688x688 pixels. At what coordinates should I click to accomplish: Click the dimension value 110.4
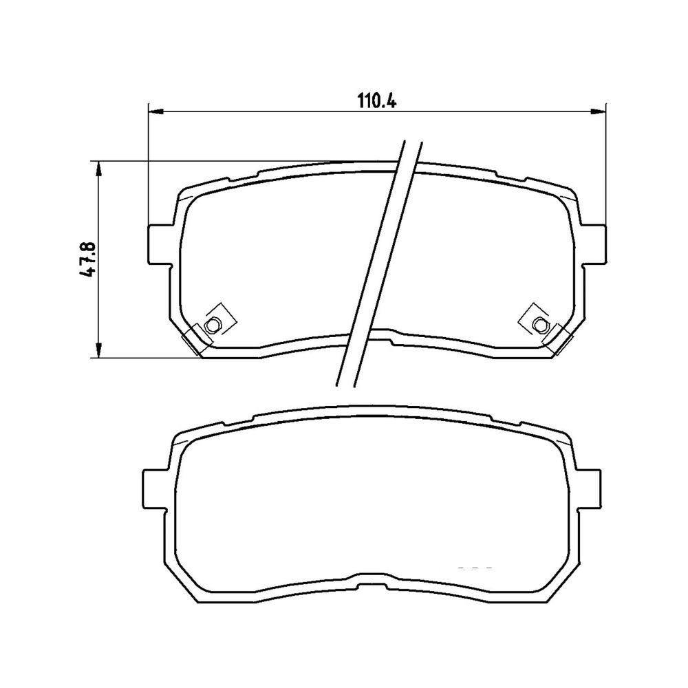click(377, 101)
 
